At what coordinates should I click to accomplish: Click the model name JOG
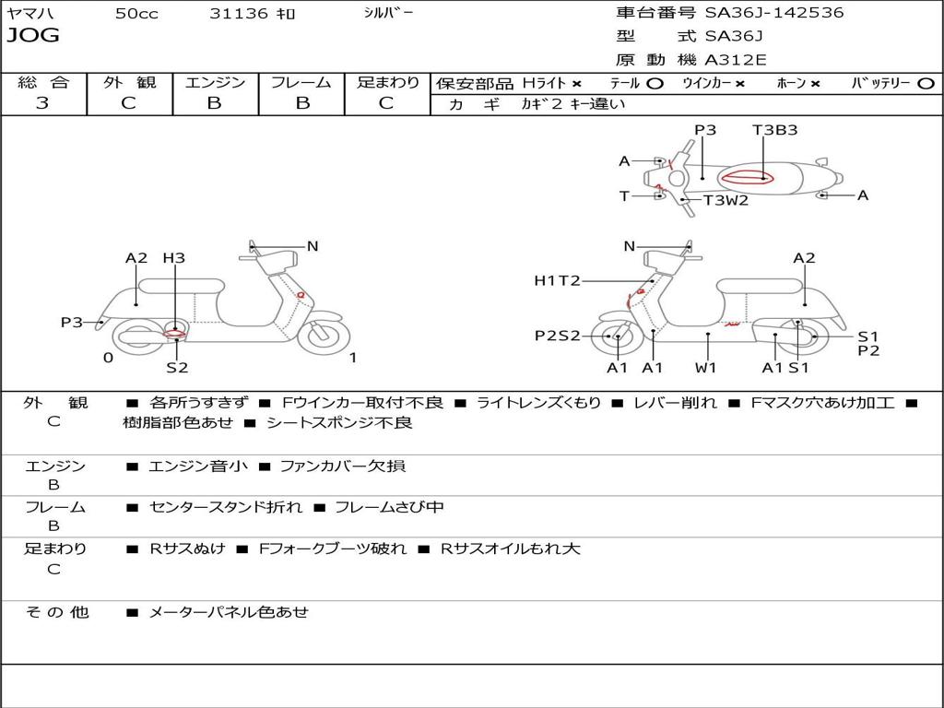coord(33,36)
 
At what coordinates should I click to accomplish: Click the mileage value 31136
coord(239,14)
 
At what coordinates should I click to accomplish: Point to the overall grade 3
coord(42,103)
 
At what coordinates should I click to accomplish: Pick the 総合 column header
coord(42,83)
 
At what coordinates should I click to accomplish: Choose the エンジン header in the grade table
coord(215,83)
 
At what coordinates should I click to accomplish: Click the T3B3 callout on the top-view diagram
coord(774,130)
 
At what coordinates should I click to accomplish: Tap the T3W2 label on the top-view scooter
coord(726,200)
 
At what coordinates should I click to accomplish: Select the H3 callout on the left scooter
coord(173,258)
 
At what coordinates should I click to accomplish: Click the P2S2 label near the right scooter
coord(558,336)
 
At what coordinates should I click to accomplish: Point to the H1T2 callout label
coord(557,280)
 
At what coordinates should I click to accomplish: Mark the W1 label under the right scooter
coord(706,368)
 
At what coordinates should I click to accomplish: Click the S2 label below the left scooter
coord(177,368)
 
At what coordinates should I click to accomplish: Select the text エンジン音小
coord(198,466)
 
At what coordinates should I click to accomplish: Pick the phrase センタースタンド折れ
coord(225,507)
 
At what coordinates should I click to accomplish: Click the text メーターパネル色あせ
coord(228,611)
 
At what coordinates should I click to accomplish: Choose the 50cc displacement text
coord(136,14)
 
